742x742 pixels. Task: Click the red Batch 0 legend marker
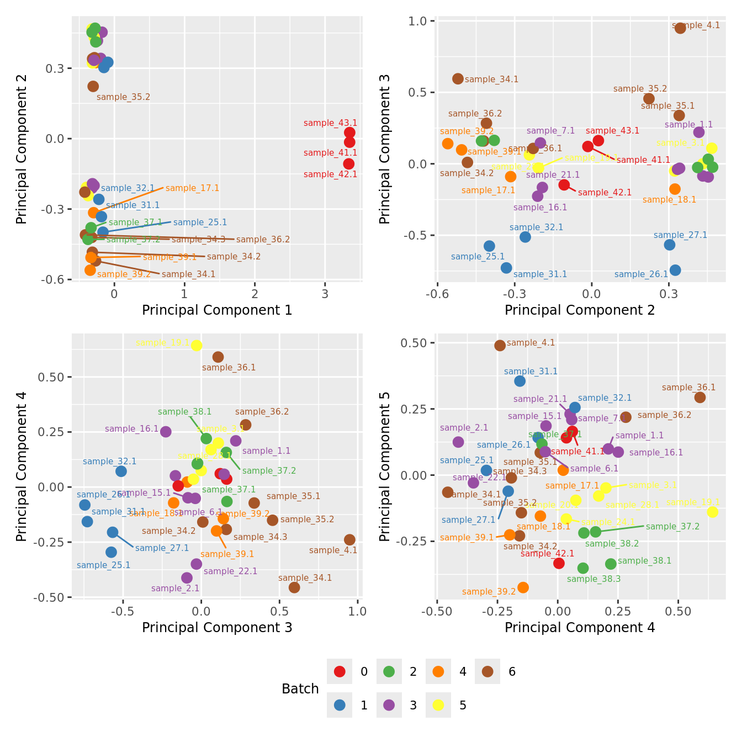[x=340, y=671]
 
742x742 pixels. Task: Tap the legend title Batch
[x=300, y=688]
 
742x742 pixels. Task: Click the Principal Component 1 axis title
[x=217, y=310]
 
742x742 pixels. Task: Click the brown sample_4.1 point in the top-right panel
[x=680, y=28]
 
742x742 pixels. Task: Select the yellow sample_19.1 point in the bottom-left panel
[x=197, y=346]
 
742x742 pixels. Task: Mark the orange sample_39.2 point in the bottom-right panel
[x=523, y=587]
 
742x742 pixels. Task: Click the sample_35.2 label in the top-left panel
[x=123, y=97]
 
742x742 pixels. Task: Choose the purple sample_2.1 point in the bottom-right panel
[x=458, y=442]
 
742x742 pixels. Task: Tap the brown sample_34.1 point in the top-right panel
[x=458, y=79]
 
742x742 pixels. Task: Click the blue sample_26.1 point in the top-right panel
[x=675, y=270]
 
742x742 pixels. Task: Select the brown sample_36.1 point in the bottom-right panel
[x=699, y=397]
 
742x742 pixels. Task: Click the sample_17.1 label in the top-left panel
[x=192, y=188]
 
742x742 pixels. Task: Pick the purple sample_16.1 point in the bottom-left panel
[x=166, y=432]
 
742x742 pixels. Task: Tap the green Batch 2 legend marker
[x=389, y=671]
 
